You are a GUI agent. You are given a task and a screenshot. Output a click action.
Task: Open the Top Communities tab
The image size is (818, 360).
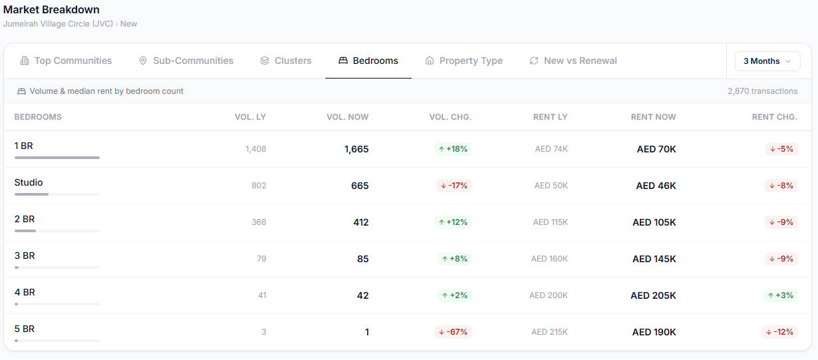click(66, 61)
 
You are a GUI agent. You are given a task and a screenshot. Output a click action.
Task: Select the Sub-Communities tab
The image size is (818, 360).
click(186, 61)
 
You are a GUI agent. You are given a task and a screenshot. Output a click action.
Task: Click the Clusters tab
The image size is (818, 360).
click(285, 61)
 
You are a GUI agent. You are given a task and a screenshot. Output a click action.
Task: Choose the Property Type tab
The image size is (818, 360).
click(464, 61)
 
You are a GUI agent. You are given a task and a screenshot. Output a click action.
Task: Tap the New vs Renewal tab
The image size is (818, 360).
click(573, 61)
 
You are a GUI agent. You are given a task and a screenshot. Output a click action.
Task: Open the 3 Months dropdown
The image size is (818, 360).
click(767, 61)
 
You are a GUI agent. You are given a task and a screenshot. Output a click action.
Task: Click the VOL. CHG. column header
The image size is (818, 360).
click(450, 117)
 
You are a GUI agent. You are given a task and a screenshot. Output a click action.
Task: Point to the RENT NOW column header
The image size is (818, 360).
click(653, 117)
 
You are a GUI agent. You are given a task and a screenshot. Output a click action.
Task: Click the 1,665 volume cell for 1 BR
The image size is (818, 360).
click(356, 149)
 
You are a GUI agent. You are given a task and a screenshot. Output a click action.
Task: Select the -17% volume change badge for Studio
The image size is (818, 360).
click(454, 186)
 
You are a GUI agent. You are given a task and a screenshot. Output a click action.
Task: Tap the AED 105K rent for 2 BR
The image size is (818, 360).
click(654, 222)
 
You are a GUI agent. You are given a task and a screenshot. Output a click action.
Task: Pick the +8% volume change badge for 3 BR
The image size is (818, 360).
click(455, 259)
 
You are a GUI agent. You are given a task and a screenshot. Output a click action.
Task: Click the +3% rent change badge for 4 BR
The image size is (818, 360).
click(780, 295)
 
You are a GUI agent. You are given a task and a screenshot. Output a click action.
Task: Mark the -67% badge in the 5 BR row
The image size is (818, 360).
click(453, 332)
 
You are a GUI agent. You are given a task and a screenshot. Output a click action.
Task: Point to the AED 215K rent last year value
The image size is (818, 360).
click(549, 332)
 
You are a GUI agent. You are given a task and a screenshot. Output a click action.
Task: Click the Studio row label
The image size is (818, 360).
click(29, 182)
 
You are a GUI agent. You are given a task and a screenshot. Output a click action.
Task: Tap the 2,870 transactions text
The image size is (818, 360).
click(763, 91)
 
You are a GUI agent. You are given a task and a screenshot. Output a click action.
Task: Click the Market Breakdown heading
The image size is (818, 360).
click(51, 9)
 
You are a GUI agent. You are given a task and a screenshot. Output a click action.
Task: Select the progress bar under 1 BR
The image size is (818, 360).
click(57, 158)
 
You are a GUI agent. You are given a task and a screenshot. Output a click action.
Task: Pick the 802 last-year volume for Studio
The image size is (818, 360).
click(259, 186)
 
